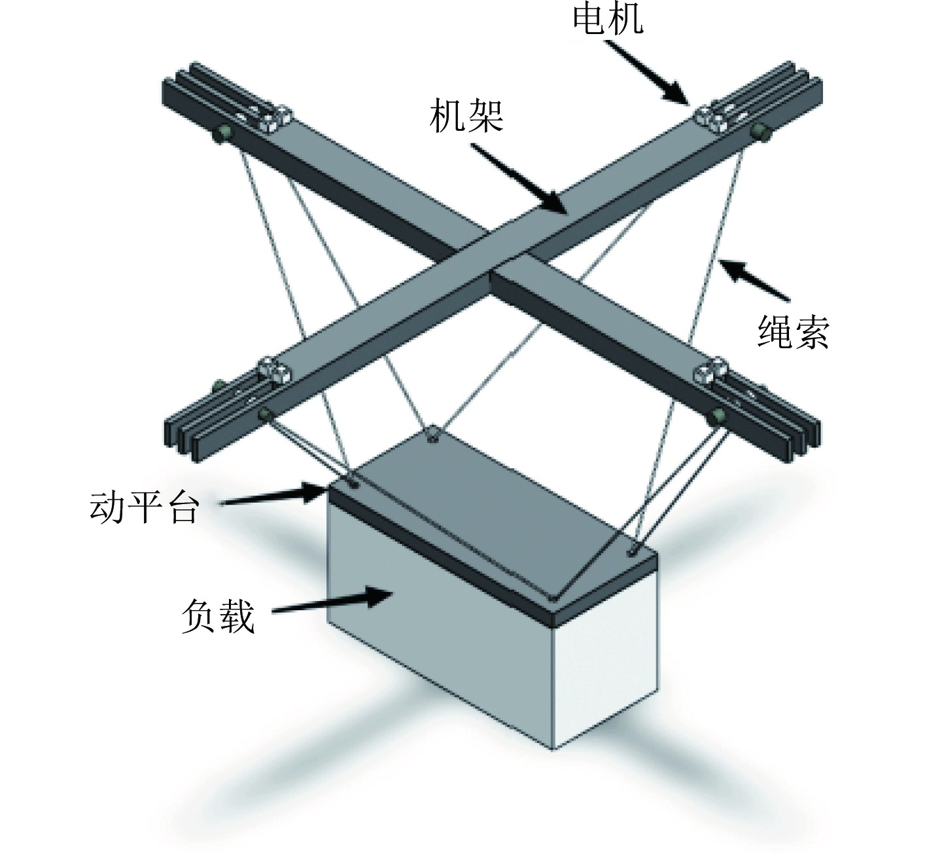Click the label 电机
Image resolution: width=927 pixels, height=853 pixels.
pos(607,18)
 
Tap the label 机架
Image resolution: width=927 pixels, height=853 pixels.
pos(466,117)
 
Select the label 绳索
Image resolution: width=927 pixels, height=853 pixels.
pos(792,333)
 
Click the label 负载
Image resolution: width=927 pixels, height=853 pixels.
pos(217,616)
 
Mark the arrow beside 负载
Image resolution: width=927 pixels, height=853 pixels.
pos(332,602)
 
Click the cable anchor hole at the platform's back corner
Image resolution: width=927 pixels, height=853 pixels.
pos(431,438)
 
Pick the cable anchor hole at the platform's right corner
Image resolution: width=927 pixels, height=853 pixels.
pos(632,551)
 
